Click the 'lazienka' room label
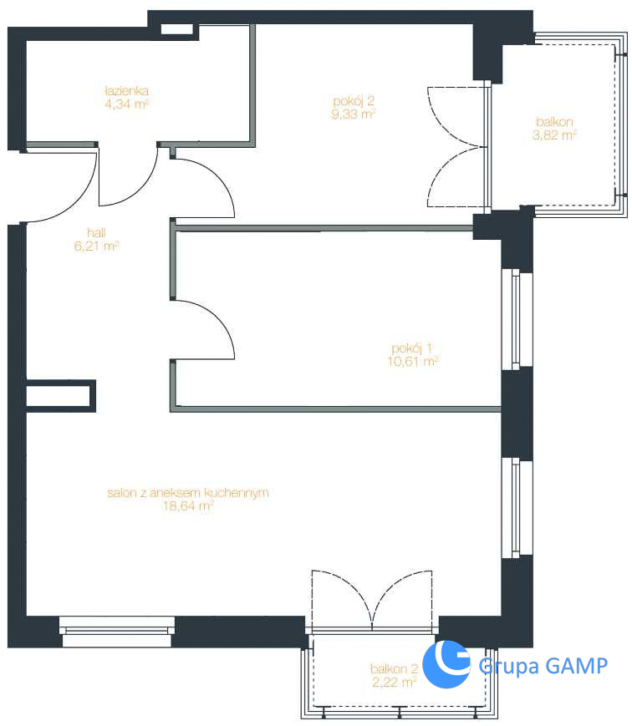[x=126, y=90]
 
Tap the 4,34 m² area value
[x=126, y=104]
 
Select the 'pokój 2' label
[x=353, y=101]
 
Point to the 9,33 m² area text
[x=353, y=114]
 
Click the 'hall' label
[x=96, y=232]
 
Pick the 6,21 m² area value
[x=96, y=246]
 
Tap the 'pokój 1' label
[x=412, y=348]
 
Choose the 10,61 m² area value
[x=413, y=361]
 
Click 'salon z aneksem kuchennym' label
[x=187, y=493]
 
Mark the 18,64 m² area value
[x=187, y=505]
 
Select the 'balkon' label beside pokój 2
[x=554, y=122]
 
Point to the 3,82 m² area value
[x=554, y=135]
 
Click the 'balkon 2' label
[x=394, y=668]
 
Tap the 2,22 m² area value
[x=395, y=682]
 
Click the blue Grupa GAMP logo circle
[x=446, y=664]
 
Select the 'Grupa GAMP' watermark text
[x=543, y=666]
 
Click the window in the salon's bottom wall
[x=117, y=631]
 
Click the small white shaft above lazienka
[x=176, y=28]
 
